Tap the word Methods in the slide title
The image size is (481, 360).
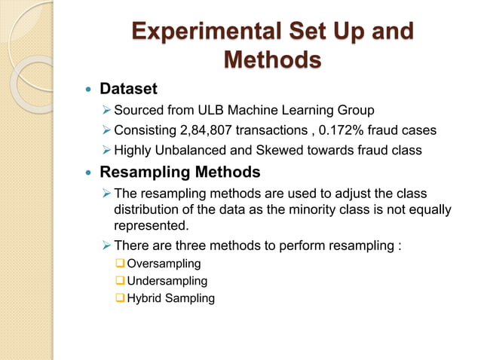pos(272,59)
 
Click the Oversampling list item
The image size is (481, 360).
pos(164,264)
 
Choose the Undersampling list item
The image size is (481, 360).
pos(167,281)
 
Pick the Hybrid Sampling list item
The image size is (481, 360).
pos(170,298)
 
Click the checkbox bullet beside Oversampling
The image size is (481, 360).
pos(120,264)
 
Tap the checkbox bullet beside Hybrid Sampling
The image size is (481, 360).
pos(120,298)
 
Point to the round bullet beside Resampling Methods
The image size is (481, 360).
pos(87,171)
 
